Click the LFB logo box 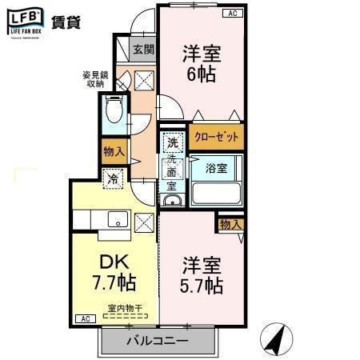[25, 22]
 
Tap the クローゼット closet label [216, 137]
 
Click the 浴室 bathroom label [216, 169]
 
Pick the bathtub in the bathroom [216, 194]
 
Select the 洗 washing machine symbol [171, 144]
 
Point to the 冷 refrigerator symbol [114, 180]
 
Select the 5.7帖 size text [201, 286]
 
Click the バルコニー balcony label [157, 341]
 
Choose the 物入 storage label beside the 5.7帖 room [230, 225]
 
